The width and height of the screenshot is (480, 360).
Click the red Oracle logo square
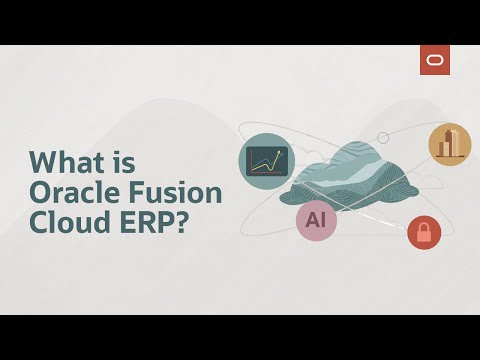pos(435,60)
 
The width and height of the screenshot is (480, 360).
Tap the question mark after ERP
pos(180,224)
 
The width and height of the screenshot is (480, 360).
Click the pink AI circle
pos(316,221)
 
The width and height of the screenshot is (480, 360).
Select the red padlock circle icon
pos(424,233)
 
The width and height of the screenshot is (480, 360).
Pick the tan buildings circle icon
pos(450,145)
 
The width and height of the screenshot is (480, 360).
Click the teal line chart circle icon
pos(267,161)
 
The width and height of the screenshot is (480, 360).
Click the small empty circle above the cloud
pos(382,137)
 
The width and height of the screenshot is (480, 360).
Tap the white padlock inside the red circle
pos(424,234)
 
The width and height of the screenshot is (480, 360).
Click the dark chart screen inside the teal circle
pos(267,161)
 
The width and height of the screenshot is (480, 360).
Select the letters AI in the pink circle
pos(316,221)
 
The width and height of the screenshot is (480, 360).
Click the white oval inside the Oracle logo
pos(435,60)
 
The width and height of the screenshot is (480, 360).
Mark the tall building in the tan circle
pos(452,143)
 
